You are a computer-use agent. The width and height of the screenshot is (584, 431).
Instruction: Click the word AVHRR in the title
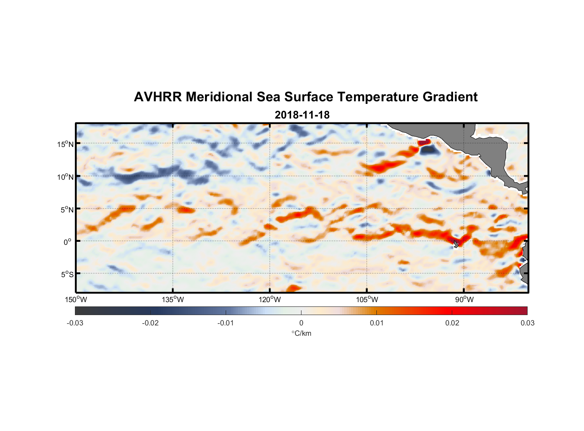[x=158, y=97]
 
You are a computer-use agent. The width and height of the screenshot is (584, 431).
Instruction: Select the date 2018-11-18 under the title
[x=302, y=115]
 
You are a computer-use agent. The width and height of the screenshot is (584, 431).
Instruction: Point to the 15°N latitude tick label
[x=65, y=144]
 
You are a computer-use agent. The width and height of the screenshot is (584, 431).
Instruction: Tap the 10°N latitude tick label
[x=65, y=177]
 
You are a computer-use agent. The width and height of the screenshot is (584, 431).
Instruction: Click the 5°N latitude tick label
[x=67, y=209]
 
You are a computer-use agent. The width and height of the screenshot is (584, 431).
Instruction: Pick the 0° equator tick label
[x=67, y=242]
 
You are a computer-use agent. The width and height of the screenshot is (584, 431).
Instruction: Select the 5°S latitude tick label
[x=67, y=275]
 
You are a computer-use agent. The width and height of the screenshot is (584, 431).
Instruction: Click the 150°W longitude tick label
[x=76, y=300]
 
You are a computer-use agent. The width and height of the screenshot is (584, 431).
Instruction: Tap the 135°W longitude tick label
[x=173, y=300]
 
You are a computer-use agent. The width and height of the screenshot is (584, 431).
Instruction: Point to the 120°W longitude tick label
[x=270, y=300]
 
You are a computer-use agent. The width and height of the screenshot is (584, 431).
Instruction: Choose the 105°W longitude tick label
[x=367, y=300]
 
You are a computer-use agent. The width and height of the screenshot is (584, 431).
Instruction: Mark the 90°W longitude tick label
[x=464, y=300]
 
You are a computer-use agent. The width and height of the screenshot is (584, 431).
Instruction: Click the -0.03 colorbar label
[x=75, y=323]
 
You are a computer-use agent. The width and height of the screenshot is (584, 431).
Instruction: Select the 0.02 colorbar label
[x=452, y=323]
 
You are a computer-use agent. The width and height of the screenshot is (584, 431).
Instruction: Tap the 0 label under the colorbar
[x=301, y=323]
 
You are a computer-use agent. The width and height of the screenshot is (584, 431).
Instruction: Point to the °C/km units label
[x=301, y=333]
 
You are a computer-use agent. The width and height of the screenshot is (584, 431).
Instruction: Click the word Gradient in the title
[x=450, y=97]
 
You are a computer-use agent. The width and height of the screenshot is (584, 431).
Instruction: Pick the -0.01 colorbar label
[x=226, y=323]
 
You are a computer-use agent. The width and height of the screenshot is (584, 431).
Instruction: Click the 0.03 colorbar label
[x=527, y=323]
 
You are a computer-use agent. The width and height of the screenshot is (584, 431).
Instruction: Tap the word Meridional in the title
[x=219, y=97]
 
